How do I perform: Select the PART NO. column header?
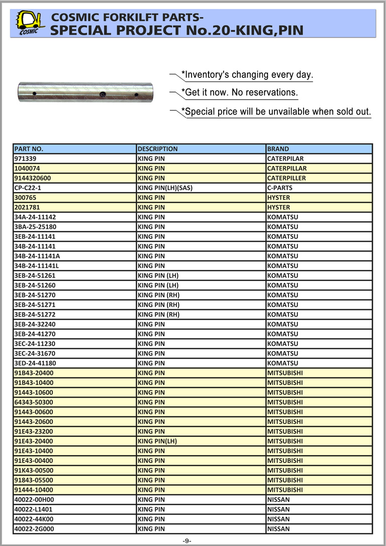click(x=29, y=149)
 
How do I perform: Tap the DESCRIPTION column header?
click(x=157, y=149)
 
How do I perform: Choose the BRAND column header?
click(x=278, y=149)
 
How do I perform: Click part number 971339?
click(x=25, y=159)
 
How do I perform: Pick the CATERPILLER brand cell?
click(x=286, y=178)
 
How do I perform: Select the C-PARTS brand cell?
click(x=279, y=188)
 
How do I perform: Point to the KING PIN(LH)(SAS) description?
click(x=165, y=188)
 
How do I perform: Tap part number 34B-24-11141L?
click(x=37, y=265)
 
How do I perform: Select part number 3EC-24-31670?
click(x=35, y=353)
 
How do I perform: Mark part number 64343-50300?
click(x=34, y=402)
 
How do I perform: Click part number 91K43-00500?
click(x=34, y=471)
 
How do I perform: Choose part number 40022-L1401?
click(x=33, y=509)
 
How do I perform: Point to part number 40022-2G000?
click(x=34, y=529)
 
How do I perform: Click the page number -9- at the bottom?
click(x=187, y=540)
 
